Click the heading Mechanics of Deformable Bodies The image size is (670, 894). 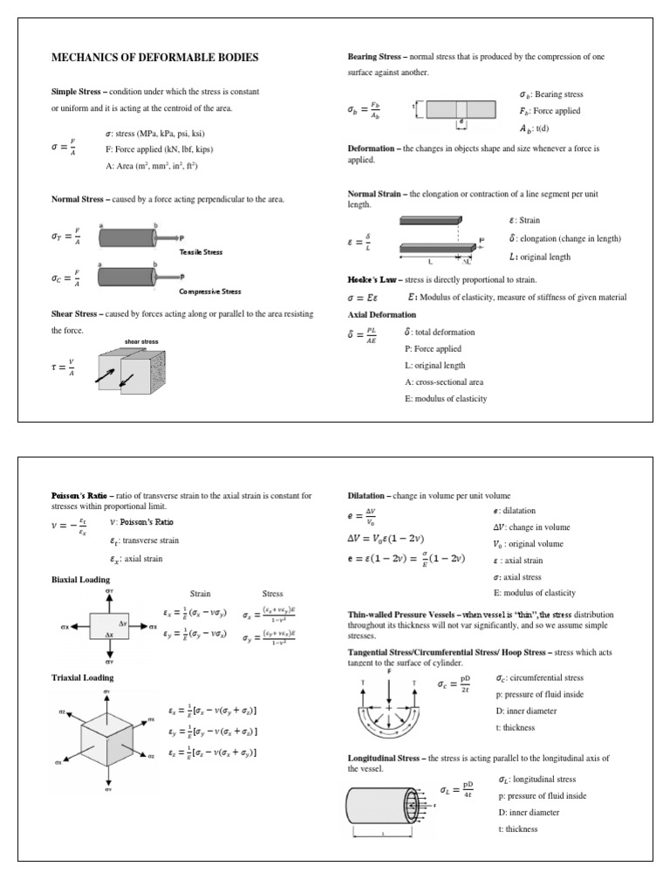click(x=156, y=58)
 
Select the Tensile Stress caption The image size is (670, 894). click(x=202, y=251)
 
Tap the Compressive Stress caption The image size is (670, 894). click(x=210, y=292)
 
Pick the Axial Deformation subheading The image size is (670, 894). click(x=382, y=314)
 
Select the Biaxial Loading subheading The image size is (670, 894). click(x=80, y=579)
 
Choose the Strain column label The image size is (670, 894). click(x=201, y=594)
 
